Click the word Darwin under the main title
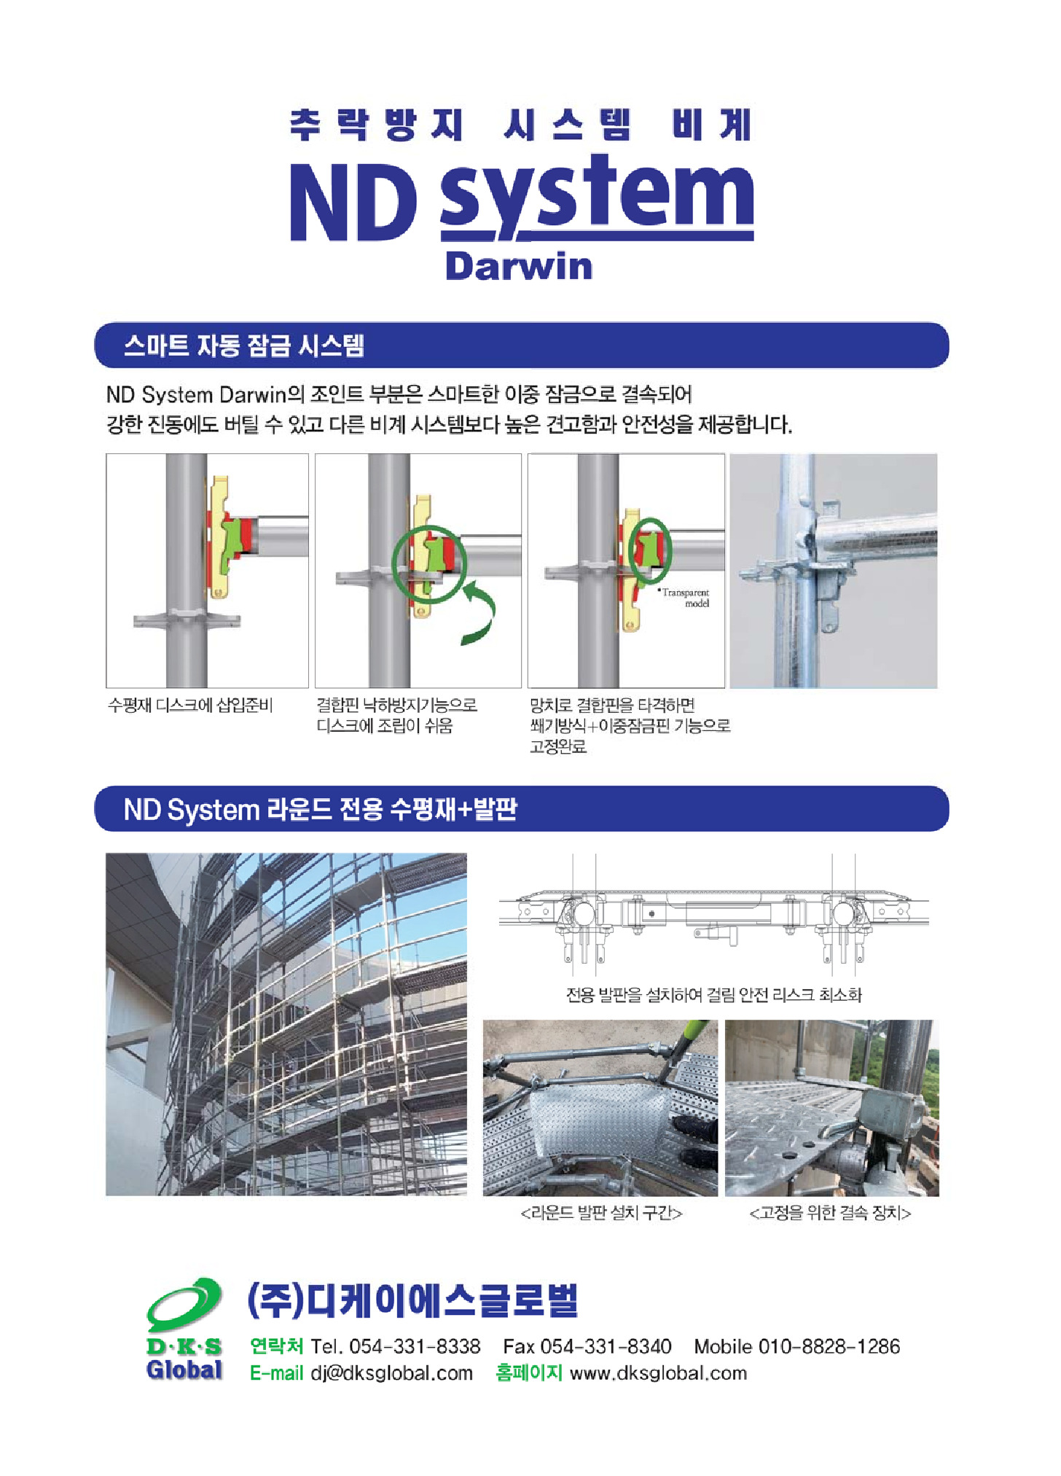click(x=519, y=266)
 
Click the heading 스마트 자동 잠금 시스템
click(x=244, y=345)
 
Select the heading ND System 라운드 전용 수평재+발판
click(x=321, y=809)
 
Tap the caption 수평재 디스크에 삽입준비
click(x=190, y=705)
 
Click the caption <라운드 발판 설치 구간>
click(x=602, y=1213)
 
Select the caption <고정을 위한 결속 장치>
click(x=831, y=1213)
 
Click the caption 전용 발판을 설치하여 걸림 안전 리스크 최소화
click(x=714, y=995)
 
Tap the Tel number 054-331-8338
click(x=415, y=1346)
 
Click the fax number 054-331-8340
click(x=606, y=1346)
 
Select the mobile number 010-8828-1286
click(x=829, y=1346)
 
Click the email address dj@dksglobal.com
click(x=392, y=1373)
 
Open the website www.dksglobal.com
click(x=659, y=1373)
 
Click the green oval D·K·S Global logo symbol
click(x=184, y=1305)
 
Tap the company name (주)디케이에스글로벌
click(x=413, y=1301)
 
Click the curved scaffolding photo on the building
click(x=286, y=1024)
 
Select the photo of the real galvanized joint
click(x=834, y=571)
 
